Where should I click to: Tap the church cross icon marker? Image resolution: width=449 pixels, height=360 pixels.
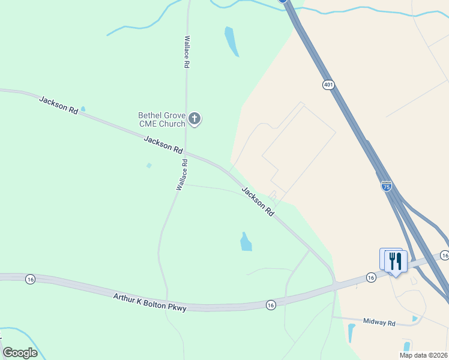click(x=194, y=118)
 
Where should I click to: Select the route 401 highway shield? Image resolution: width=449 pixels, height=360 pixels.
click(x=328, y=85)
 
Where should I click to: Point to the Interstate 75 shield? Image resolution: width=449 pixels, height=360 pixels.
click(x=387, y=187)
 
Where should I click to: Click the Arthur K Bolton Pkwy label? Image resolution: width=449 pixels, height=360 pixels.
click(x=150, y=302)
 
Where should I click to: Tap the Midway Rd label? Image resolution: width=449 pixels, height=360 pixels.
click(x=379, y=323)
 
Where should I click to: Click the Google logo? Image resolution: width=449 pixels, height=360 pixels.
click(x=20, y=353)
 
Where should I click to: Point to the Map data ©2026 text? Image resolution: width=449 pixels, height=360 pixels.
click(x=424, y=355)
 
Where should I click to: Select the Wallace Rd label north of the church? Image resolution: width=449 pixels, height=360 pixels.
click(x=187, y=52)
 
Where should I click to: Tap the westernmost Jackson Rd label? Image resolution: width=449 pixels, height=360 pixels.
click(x=59, y=105)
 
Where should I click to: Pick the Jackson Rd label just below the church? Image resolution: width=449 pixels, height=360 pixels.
click(x=163, y=145)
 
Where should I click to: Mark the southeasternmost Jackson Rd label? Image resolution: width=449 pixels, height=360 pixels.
click(x=258, y=201)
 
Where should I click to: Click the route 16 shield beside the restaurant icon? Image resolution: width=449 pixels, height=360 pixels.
click(x=371, y=277)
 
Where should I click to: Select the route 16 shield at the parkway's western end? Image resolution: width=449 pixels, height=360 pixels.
click(x=30, y=279)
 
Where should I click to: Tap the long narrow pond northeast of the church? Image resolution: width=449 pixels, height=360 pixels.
click(x=232, y=41)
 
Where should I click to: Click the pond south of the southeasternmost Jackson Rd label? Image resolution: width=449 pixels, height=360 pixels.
click(x=246, y=242)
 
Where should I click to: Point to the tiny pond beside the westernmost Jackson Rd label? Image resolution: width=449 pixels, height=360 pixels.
click(x=83, y=109)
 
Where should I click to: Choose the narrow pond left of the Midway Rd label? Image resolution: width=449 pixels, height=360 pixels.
click(x=351, y=333)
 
